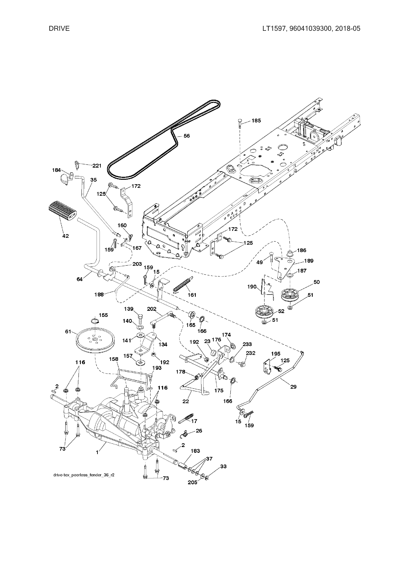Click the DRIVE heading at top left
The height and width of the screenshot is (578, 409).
coord(59,29)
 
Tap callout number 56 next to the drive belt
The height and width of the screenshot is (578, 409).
coord(187,136)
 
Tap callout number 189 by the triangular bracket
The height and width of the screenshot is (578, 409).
coord(309,261)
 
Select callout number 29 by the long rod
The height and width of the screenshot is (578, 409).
coord(293,387)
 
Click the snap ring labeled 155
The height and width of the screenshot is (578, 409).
coord(95,320)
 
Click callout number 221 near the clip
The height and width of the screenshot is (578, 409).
coord(97,166)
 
